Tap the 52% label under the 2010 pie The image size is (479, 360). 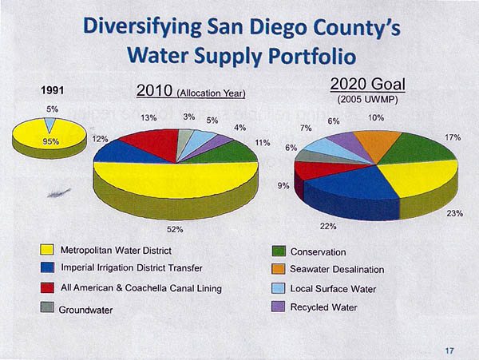pyautogui.click(x=175, y=230)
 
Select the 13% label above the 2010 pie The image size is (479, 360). pyautogui.click(x=149, y=117)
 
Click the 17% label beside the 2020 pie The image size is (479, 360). pyautogui.click(x=453, y=137)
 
